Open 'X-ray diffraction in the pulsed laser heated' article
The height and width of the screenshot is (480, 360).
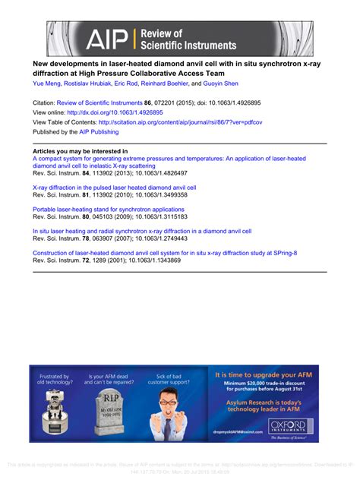pyautogui.click(x=114, y=186)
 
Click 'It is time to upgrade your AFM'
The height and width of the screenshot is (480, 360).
pyautogui.click(x=266, y=374)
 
